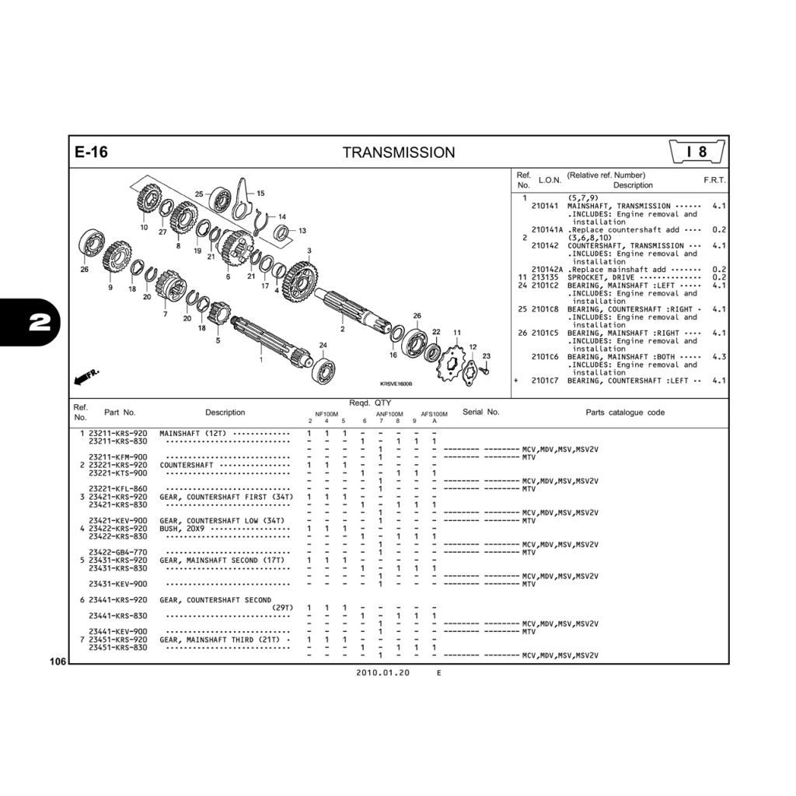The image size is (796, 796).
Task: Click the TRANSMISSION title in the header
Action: pyautogui.click(x=399, y=152)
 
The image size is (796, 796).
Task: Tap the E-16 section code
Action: pyautogui.click(x=91, y=152)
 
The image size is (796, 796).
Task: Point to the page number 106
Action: pyautogui.click(x=56, y=662)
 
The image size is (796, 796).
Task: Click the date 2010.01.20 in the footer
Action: pyautogui.click(x=382, y=673)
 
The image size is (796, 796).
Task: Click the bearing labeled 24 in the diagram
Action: pyautogui.click(x=323, y=368)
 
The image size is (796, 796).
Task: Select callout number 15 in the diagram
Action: pyautogui.click(x=260, y=194)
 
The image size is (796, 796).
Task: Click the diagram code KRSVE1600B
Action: pyautogui.click(x=396, y=384)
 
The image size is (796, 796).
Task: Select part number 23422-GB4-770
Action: pyautogui.click(x=117, y=553)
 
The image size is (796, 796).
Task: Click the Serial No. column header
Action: pyautogui.click(x=480, y=412)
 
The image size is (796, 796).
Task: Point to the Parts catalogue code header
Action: pyautogui.click(x=624, y=413)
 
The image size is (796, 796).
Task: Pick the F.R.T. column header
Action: pyautogui.click(x=714, y=180)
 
